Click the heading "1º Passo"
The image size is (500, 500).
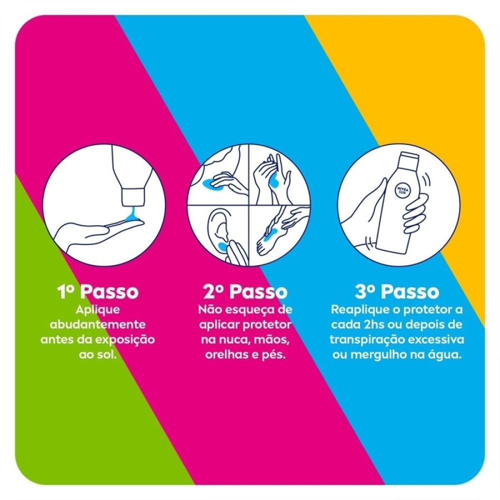pos(98,291)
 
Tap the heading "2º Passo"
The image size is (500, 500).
pos(245,291)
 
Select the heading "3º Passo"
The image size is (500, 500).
pos(396,291)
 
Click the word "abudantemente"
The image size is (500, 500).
pos(97,324)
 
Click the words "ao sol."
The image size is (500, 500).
pos(97,354)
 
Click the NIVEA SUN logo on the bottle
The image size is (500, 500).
pos(402,191)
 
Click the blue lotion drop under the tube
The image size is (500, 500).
pos(131,213)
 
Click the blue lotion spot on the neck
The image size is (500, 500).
pos(208,183)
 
